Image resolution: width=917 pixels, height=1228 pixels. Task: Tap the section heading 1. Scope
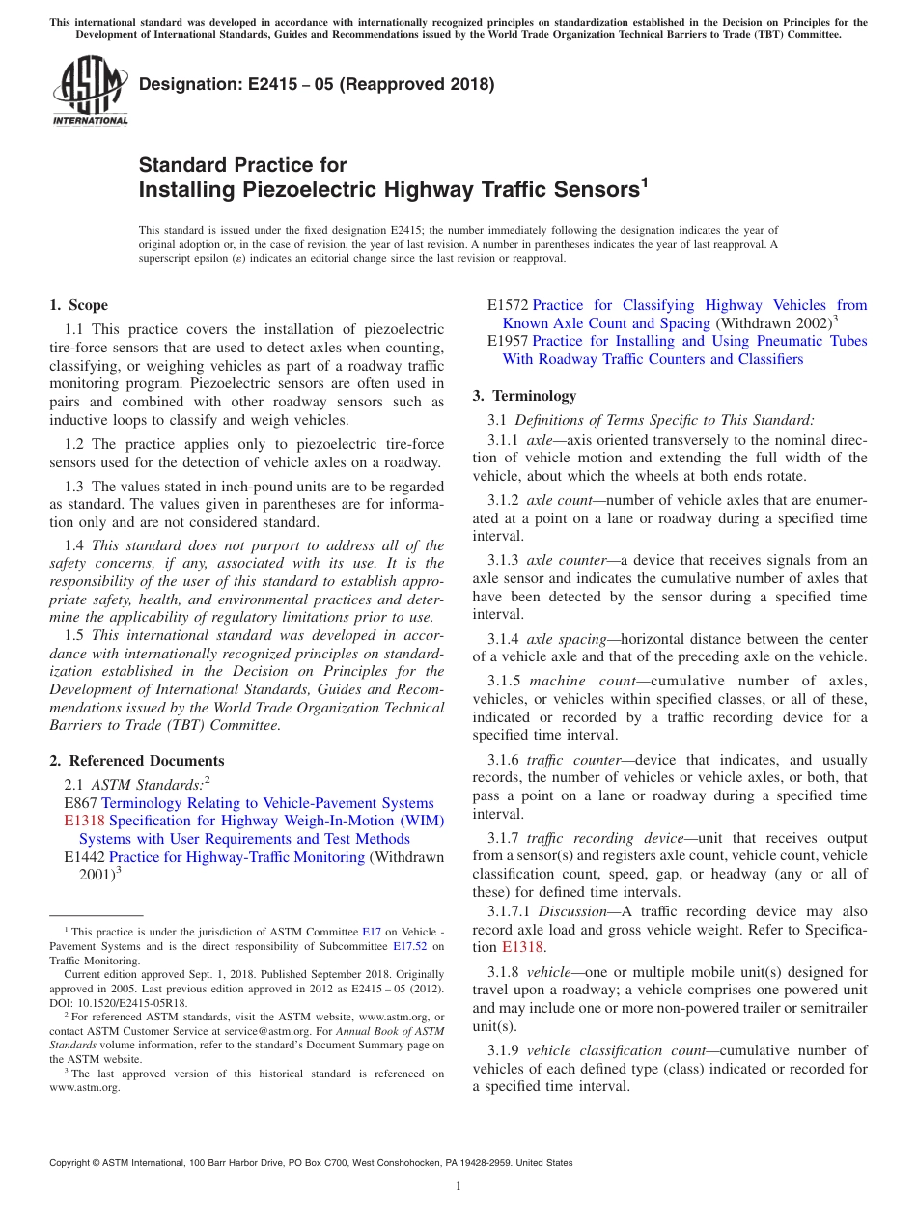click(x=78, y=305)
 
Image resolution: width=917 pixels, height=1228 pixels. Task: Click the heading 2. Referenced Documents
click(x=136, y=761)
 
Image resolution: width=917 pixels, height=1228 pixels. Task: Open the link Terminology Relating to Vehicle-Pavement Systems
click(x=267, y=803)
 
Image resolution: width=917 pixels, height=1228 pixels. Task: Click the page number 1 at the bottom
click(x=458, y=1186)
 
